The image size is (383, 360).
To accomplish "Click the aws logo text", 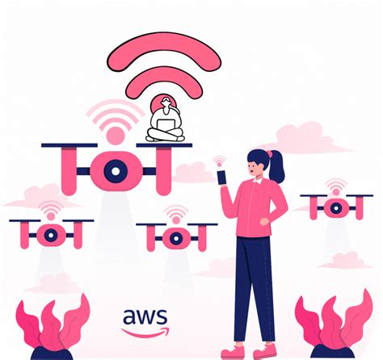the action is point(145,317).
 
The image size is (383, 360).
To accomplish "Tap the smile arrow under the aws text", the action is point(145,333).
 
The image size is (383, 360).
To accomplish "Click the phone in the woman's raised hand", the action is point(222,178).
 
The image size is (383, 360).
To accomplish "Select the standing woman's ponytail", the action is point(276,167).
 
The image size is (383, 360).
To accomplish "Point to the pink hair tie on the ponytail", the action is point(269,154).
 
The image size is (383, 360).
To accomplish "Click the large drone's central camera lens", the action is point(116,171).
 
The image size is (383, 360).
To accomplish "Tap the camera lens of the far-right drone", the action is point(336,208).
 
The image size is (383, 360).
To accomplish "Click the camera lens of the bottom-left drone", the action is point(51,235).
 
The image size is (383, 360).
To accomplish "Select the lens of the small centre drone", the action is point(176,238).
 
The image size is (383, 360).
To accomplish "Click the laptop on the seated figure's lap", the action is point(166,125).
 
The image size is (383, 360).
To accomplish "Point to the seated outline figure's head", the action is point(166,102).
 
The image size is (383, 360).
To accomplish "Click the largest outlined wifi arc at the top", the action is point(164,51).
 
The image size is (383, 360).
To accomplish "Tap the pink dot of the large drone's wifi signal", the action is point(116,136).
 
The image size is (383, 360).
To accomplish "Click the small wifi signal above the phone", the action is point(219,161).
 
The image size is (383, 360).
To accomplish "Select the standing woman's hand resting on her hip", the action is point(264,221).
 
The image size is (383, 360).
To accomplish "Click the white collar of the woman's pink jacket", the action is point(258,181).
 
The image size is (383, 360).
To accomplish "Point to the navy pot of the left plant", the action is point(52,353).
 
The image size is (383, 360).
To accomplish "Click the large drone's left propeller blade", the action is point(69,145).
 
